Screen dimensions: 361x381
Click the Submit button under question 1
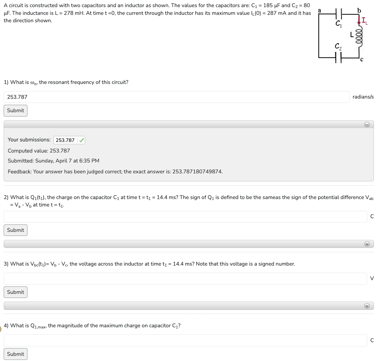pyautogui.click(x=15, y=111)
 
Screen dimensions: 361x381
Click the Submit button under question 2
pyautogui.click(x=15, y=230)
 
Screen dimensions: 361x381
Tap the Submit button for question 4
pyautogui.click(x=15, y=354)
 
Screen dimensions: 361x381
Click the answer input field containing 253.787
pyautogui.click(x=176, y=97)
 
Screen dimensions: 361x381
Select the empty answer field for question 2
pyautogui.click(x=185, y=216)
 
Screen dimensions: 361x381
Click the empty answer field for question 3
pyautogui.click(x=185, y=278)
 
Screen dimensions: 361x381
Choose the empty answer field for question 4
pyautogui.click(x=185, y=340)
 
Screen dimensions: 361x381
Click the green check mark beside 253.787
pyautogui.click(x=82, y=140)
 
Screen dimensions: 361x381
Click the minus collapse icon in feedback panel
pyautogui.click(x=367, y=125)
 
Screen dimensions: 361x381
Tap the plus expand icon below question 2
pyautogui.click(x=367, y=244)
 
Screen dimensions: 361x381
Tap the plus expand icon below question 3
pyautogui.click(x=367, y=306)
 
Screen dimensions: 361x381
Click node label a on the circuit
pyautogui.click(x=320, y=10)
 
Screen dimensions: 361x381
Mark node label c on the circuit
pyautogui.click(x=362, y=59)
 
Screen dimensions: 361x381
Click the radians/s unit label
pyautogui.click(x=363, y=97)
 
